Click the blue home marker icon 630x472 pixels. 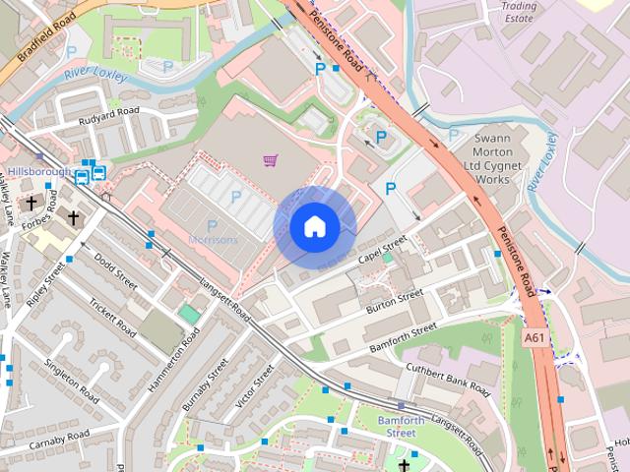(314, 227)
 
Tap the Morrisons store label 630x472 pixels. (213, 240)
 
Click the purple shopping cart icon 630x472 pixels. (270, 159)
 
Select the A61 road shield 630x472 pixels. (534, 337)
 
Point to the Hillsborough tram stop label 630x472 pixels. (39, 171)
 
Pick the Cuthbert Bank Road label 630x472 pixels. (448, 379)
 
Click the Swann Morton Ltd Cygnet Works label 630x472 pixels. (485, 159)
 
